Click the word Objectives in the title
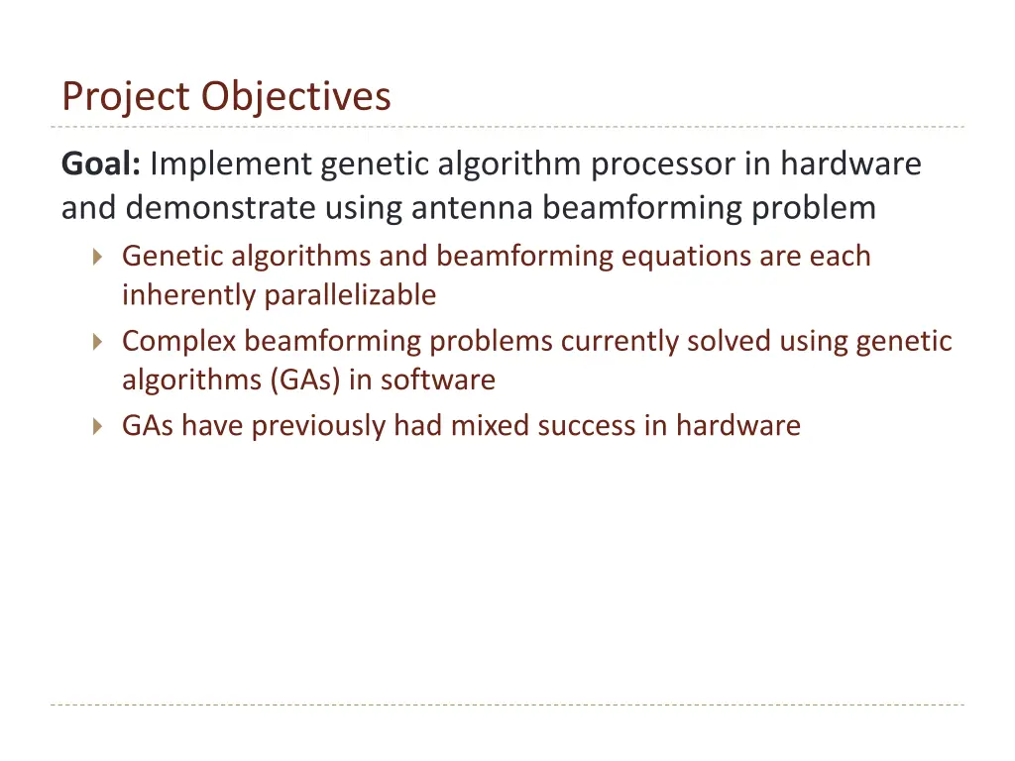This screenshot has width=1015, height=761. coord(296,97)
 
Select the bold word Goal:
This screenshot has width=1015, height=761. coord(101,163)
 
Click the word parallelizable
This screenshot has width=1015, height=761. coord(350,295)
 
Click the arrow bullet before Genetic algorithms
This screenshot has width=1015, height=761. coord(96,258)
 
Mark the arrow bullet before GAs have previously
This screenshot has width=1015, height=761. coord(96,427)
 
